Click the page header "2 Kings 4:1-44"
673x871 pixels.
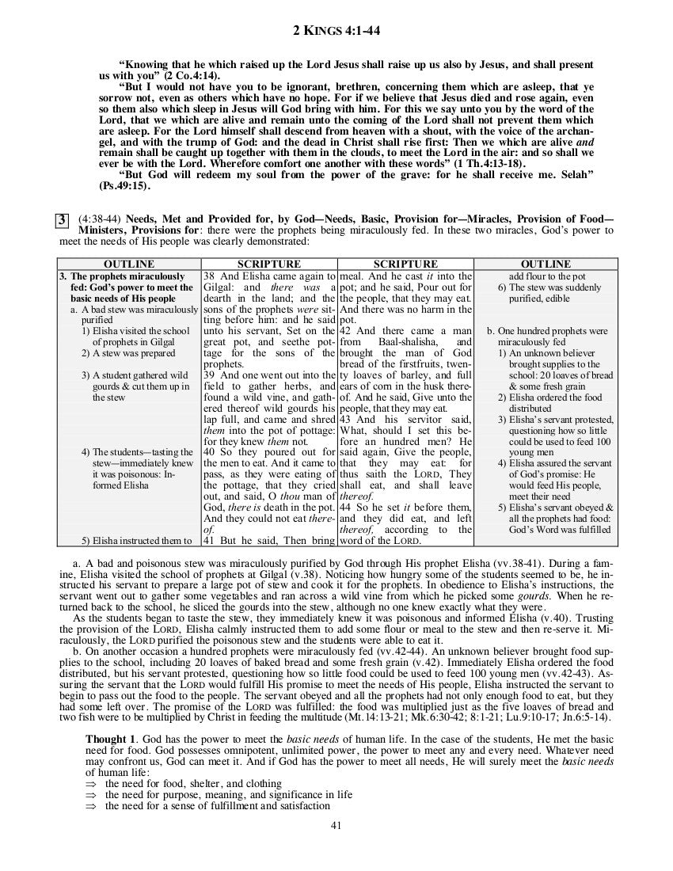pyautogui.click(x=336, y=31)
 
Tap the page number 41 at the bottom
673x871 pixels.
pyautogui.click(x=336, y=826)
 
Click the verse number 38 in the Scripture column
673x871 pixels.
pyautogui.click(x=210, y=276)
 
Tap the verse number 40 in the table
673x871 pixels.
pyautogui.click(x=210, y=452)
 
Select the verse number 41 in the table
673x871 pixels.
pyautogui.click(x=210, y=541)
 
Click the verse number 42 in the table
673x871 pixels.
pyautogui.click(x=346, y=330)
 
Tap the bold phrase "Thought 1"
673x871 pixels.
pyautogui.click(x=111, y=738)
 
